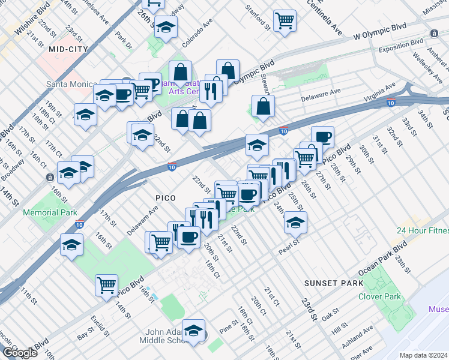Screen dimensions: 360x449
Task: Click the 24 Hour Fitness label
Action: [x=421, y=230]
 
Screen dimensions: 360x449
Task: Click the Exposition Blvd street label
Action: [x=400, y=44]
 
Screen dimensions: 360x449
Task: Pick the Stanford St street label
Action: [x=259, y=17]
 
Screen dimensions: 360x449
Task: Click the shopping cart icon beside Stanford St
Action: [x=285, y=20]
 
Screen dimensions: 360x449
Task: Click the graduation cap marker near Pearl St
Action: [x=295, y=223]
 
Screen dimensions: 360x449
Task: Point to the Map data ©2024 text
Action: [x=424, y=354]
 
